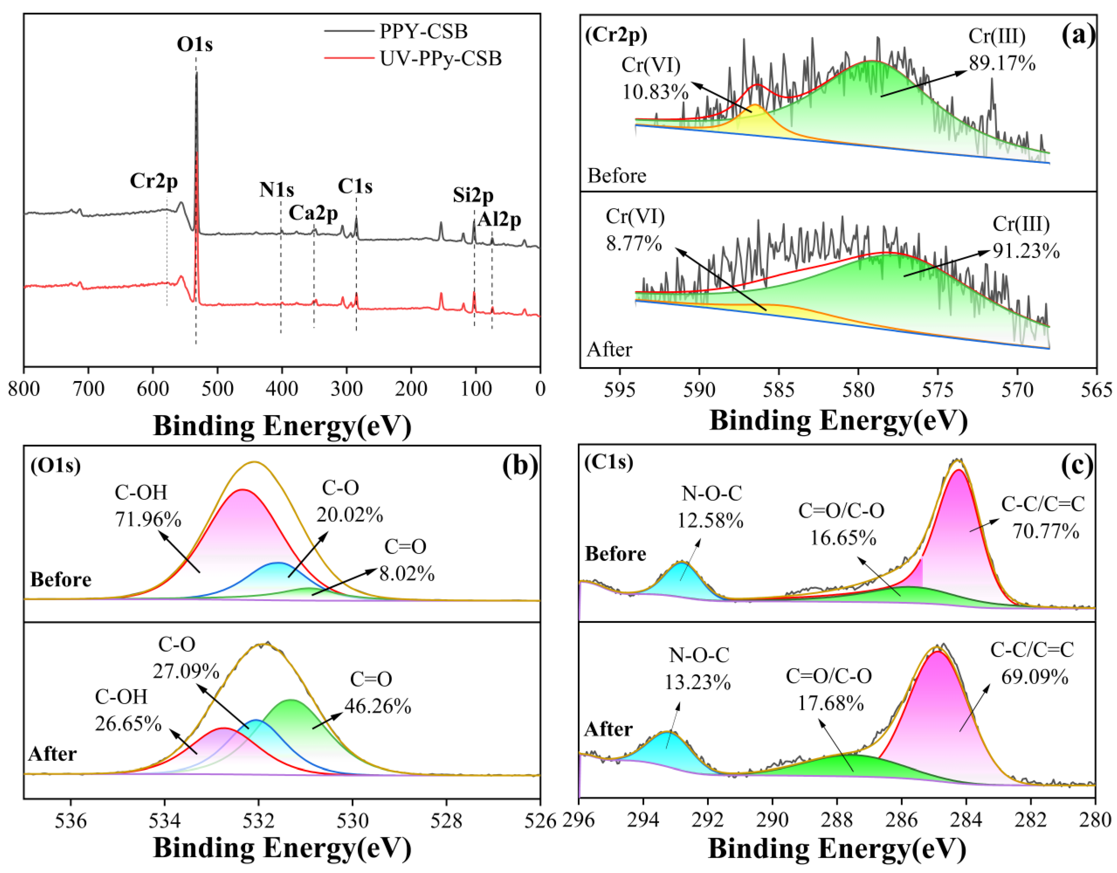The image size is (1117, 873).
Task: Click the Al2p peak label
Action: [499, 220]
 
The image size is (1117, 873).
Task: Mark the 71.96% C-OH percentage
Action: [148, 520]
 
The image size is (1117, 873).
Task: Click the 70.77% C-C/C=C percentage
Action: [1046, 532]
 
